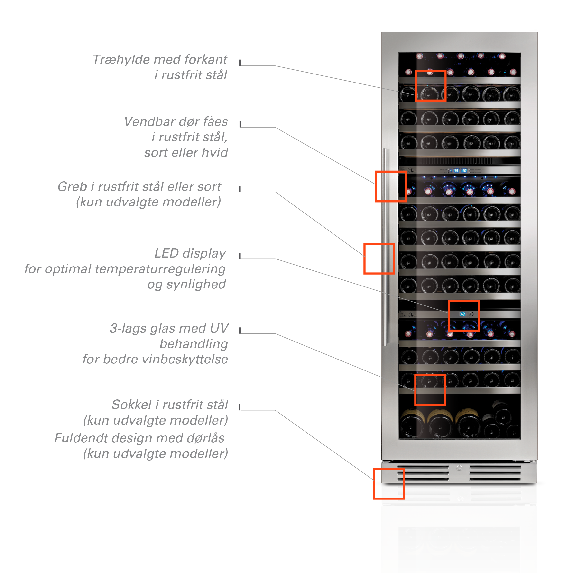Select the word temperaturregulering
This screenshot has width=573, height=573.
click(160, 269)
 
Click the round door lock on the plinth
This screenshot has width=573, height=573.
click(459, 468)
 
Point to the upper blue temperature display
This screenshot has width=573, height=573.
click(460, 171)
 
